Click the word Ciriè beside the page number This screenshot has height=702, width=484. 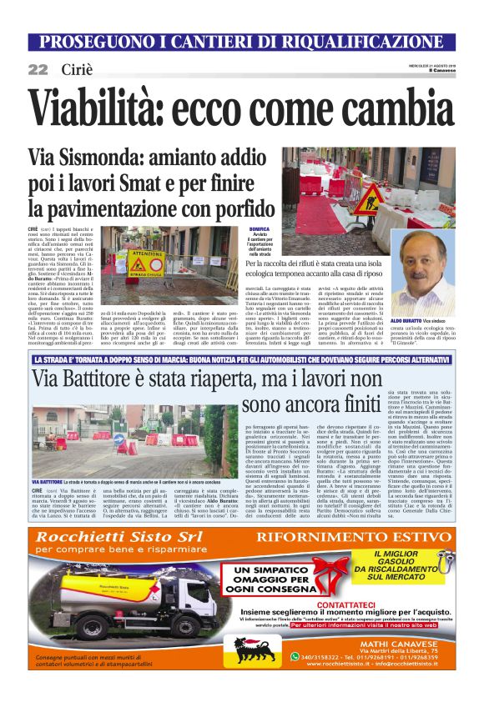[75, 69]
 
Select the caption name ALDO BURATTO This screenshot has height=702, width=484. [406, 320]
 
